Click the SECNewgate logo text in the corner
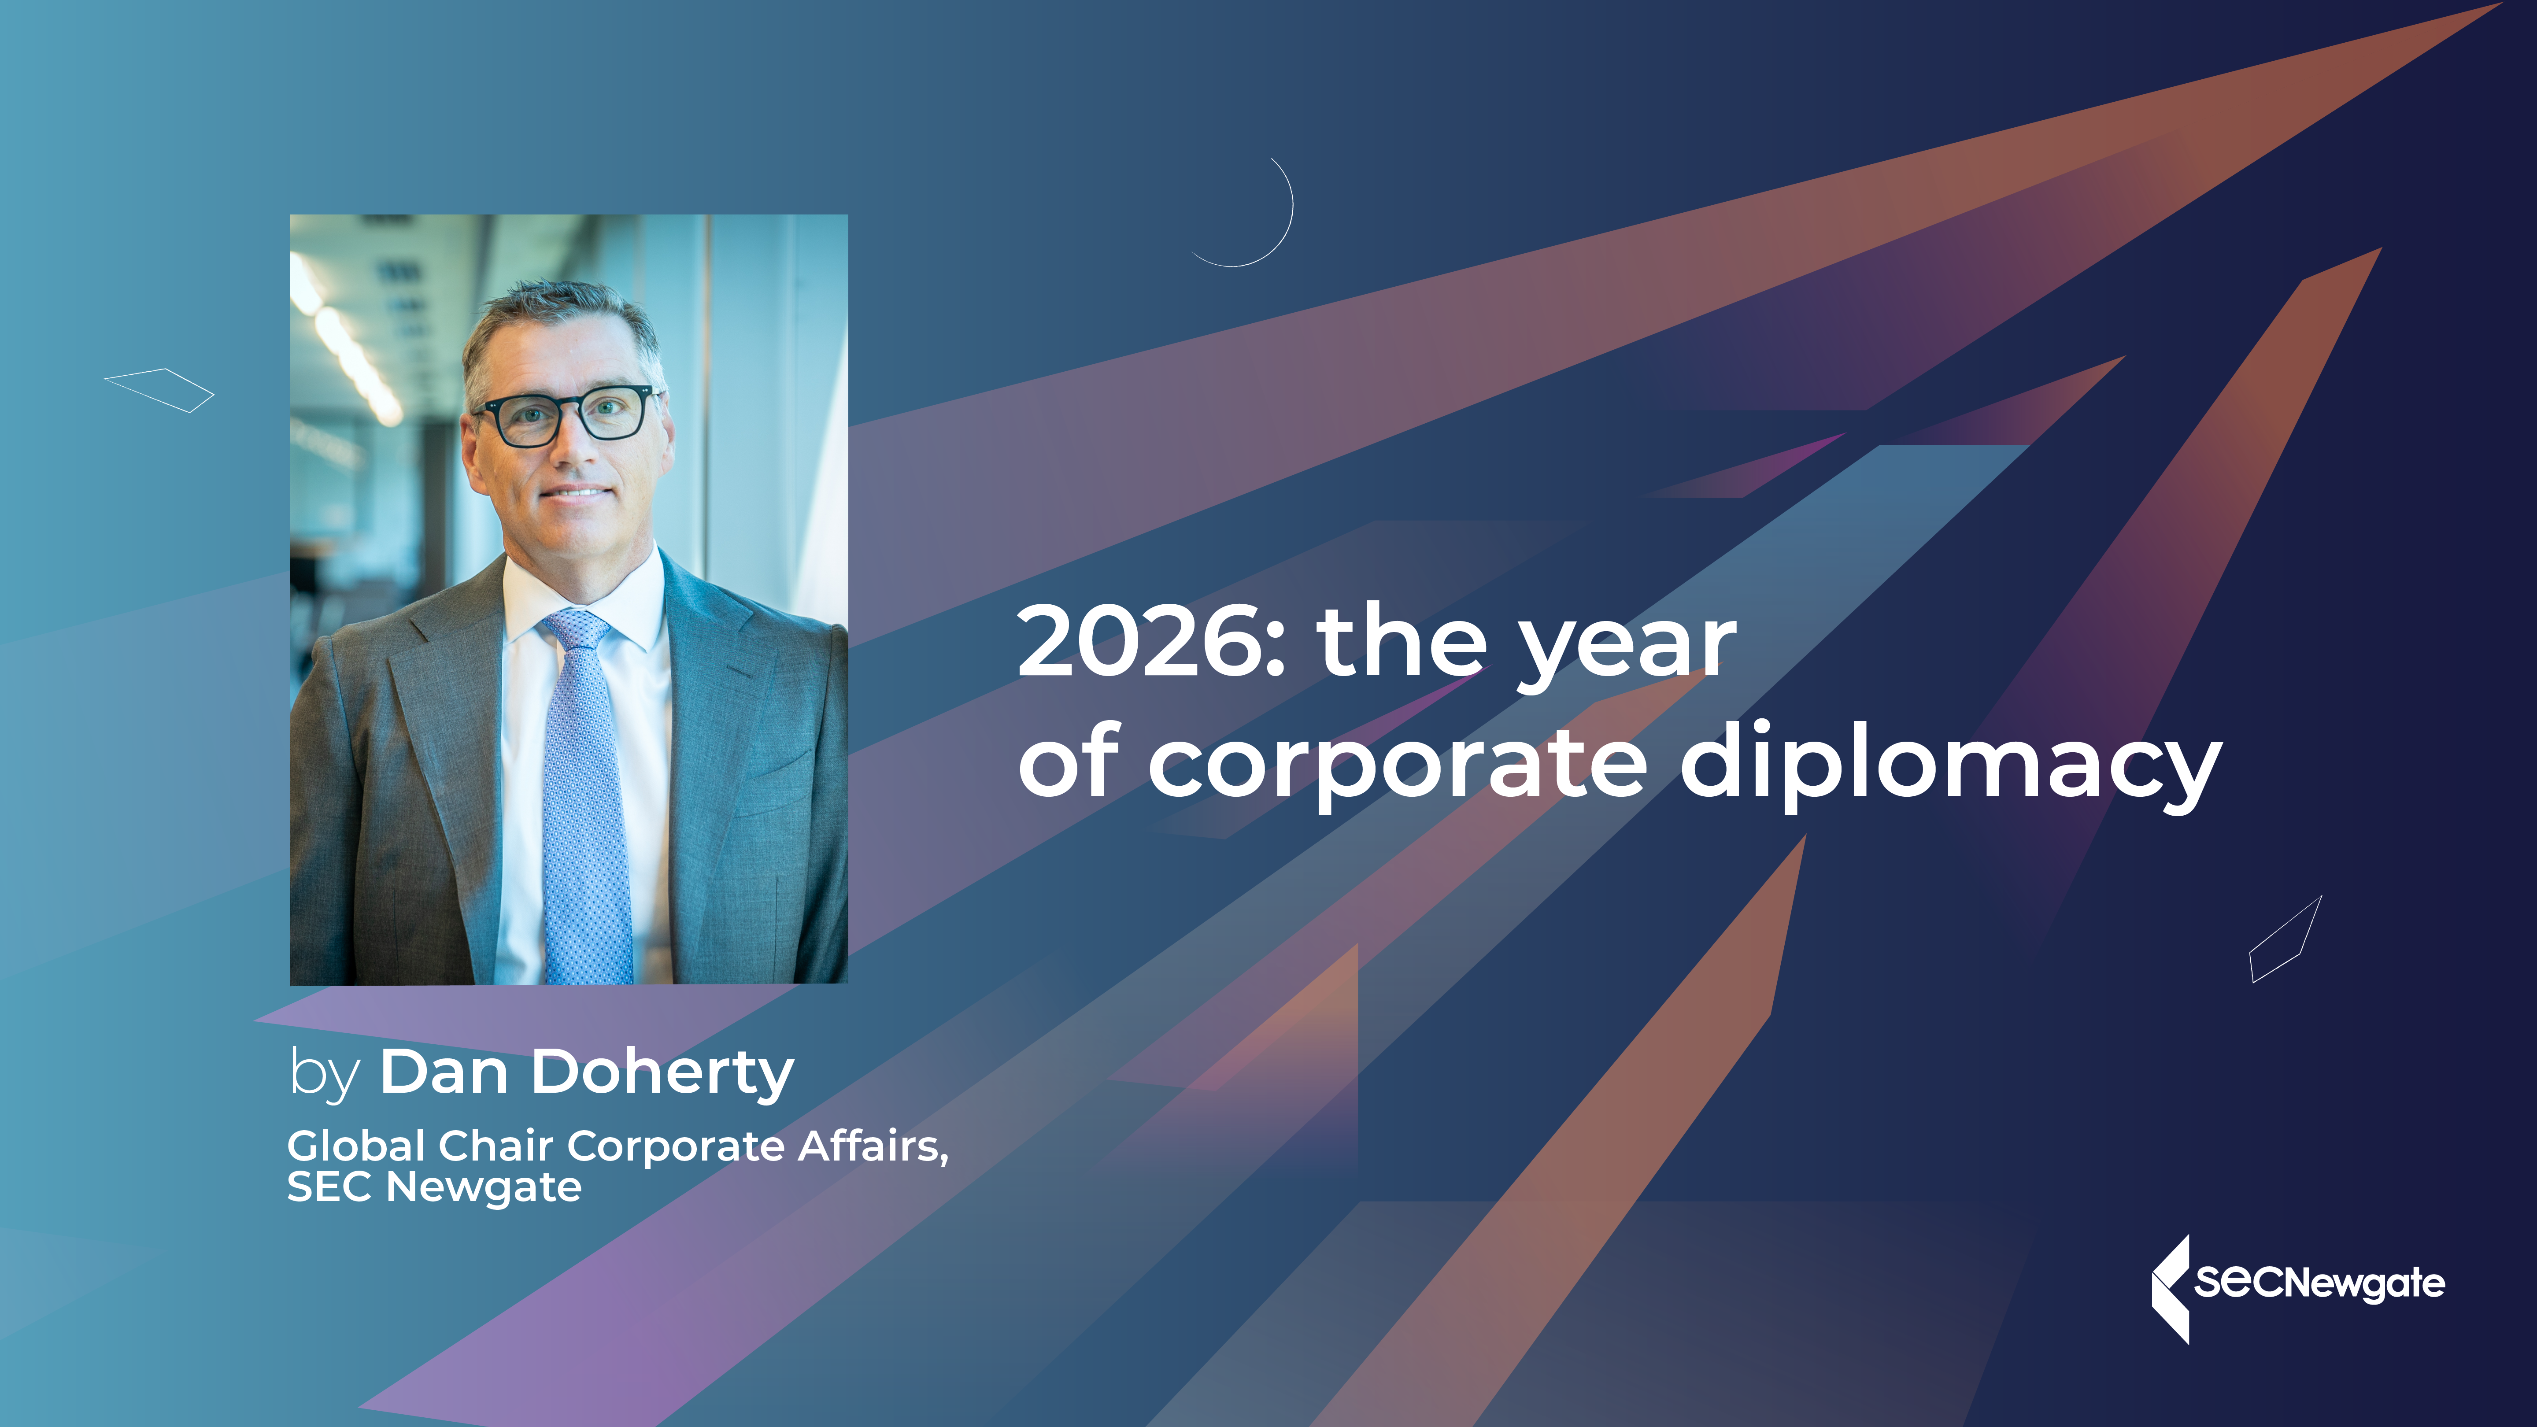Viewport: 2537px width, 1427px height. pyautogui.click(x=2319, y=1282)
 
